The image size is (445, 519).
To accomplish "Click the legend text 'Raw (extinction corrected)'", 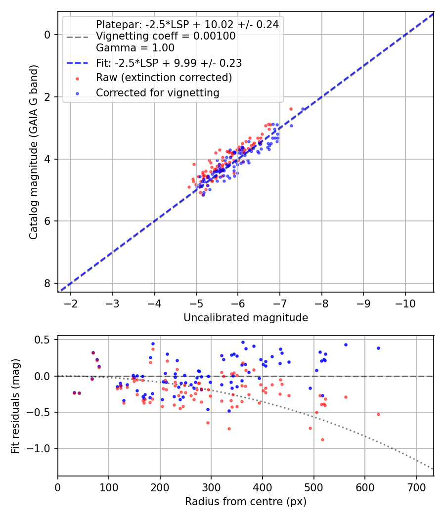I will [x=164, y=78].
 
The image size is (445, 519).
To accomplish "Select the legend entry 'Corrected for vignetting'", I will [x=157, y=92].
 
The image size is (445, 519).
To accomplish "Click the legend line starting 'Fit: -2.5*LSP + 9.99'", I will [x=169, y=63].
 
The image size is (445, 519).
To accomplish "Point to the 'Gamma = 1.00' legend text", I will [x=135, y=48].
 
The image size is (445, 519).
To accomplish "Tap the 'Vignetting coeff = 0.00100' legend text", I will [x=166, y=36].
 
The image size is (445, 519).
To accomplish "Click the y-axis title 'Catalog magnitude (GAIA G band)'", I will [x=34, y=151].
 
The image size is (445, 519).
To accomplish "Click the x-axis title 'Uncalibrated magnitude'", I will [x=246, y=318].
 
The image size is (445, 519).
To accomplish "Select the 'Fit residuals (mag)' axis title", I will [x=16, y=406].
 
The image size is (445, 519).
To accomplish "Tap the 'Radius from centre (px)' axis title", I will [x=246, y=502].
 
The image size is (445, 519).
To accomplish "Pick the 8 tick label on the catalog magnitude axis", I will [x=47, y=283].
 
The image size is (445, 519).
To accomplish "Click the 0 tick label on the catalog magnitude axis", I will [x=47, y=35].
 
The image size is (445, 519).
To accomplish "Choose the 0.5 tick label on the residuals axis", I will [x=44, y=340].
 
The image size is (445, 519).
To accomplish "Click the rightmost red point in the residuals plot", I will [x=378, y=414].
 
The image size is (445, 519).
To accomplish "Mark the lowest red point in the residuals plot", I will [x=322, y=439].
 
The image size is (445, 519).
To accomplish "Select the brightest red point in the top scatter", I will [x=291, y=109].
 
